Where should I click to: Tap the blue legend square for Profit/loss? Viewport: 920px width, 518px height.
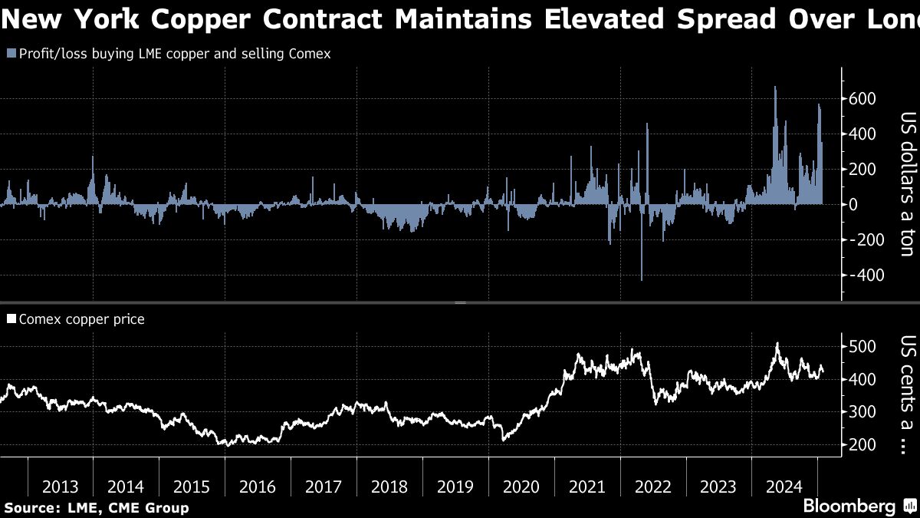10,54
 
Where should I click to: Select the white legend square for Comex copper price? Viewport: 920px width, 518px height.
10,319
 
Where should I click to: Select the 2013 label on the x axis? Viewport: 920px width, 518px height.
60,487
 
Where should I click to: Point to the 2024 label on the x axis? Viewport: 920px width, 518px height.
785,487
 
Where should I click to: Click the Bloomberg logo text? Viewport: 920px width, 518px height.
849,506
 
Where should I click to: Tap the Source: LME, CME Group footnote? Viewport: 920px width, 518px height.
97,507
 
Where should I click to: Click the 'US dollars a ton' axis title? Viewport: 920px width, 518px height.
907,184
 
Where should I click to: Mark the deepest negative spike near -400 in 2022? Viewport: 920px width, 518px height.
641,279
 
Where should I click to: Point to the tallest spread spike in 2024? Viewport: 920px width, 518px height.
775,88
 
